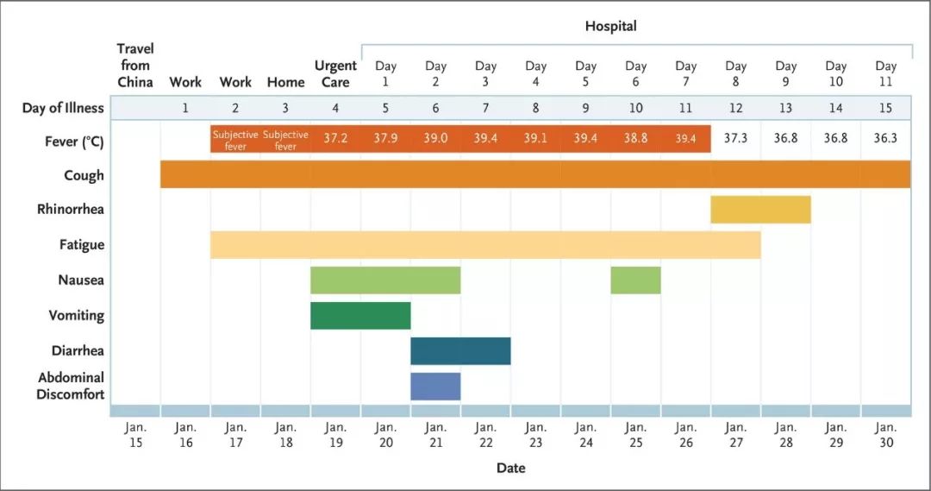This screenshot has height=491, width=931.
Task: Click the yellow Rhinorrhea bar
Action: coord(760,210)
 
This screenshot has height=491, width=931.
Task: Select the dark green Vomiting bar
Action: coord(360,316)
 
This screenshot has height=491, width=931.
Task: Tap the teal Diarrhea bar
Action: coord(460,351)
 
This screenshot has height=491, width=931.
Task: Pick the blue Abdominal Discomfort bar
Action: coord(435,386)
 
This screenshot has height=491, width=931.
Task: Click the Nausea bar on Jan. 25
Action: coord(635,280)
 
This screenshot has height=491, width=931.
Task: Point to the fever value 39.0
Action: coord(435,139)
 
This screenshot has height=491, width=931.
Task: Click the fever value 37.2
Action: coord(335,139)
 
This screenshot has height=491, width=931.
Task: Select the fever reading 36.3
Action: coord(885,139)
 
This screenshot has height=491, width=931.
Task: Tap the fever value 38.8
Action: coord(635,139)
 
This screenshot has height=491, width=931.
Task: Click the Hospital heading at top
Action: coord(610,26)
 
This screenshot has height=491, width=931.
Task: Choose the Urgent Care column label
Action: coord(335,73)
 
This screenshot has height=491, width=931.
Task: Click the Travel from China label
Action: coord(135,65)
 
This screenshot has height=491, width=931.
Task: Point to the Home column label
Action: coord(285,82)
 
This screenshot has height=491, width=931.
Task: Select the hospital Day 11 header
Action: coord(885,73)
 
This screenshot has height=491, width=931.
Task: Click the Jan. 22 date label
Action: coord(485,434)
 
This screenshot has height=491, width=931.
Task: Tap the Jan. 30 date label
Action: coord(885,434)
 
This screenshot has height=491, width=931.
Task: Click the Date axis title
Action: coord(510,468)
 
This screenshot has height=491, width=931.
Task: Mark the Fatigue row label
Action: coord(82,245)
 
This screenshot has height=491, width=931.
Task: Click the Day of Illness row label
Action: coord(63,108)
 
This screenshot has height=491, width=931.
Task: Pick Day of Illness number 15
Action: coord(885,108)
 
